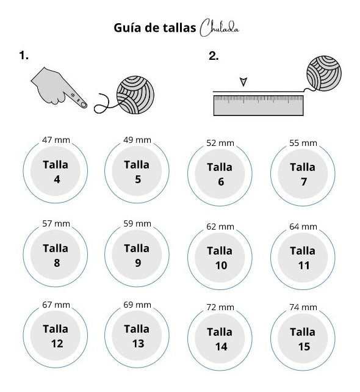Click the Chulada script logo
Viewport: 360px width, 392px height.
224,28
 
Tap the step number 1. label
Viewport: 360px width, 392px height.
24,57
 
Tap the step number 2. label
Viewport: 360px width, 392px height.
214,57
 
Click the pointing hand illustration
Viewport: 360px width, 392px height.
59,86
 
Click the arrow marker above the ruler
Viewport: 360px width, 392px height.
244,81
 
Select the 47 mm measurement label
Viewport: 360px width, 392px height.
56,140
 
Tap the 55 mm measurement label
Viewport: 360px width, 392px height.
303,143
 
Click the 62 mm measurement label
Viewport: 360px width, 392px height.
220,227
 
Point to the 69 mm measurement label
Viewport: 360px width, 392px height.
137,304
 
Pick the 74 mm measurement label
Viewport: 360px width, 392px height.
303,307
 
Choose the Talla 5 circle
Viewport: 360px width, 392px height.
137,172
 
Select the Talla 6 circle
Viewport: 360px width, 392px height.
220,174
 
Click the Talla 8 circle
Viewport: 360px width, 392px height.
55,255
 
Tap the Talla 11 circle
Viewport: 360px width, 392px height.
303,258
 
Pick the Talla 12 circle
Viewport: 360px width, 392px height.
55,336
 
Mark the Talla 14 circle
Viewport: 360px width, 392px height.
220,338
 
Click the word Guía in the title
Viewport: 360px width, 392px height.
127,28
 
